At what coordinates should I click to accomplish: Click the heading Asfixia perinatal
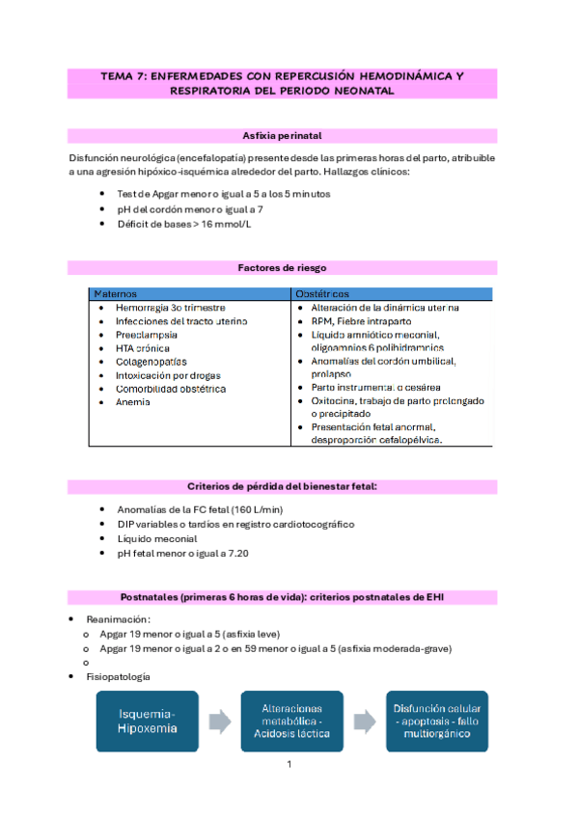click(x=289, y=136)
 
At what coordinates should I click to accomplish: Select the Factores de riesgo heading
click(x=289, y=268)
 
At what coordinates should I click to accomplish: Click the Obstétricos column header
click(x=322, y=293)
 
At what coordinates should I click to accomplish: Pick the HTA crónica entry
click(x=143, y=348)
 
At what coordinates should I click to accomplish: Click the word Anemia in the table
click(x=133, y=402)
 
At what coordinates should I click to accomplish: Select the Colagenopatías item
click(x=151, y=362)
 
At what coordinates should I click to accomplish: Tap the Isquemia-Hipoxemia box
click(x=148, y=722)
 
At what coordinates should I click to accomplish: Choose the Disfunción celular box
click(x=436, y=722)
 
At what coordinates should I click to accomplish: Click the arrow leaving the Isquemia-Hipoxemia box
click(x=220, y=722)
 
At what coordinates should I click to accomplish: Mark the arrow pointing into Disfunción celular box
click(x=364, y=722)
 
